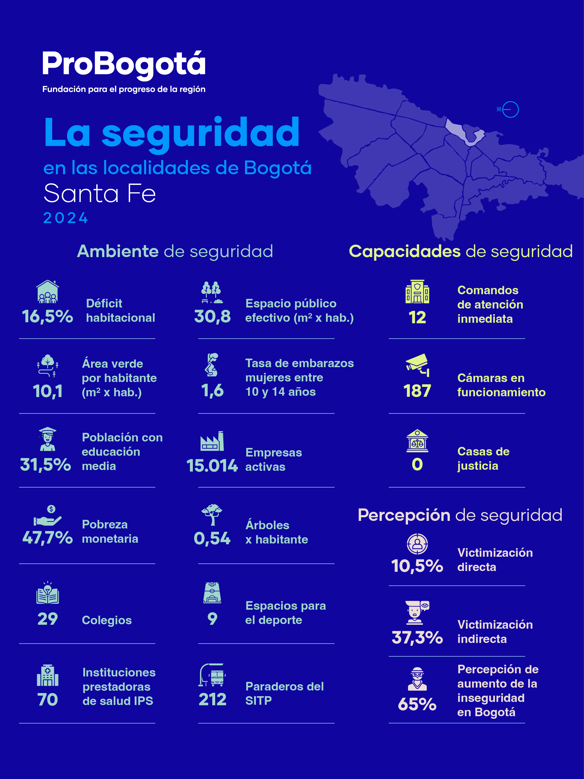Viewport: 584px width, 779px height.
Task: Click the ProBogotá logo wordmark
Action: pos(124,64)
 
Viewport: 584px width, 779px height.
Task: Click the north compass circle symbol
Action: pos(510,110)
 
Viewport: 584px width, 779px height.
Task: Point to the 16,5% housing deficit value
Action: pos(47,316)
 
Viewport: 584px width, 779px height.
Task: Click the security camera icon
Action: pos(417,365)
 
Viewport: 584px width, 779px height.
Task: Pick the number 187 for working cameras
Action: pos(417,391)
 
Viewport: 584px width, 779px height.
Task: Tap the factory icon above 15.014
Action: pos(212,441)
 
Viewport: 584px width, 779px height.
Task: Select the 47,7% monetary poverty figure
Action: pos(47,538)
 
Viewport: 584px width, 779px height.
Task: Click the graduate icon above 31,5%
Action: pos(47,439)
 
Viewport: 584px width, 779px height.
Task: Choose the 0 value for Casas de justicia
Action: pos(417,465)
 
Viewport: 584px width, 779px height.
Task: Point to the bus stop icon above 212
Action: pos(212,675)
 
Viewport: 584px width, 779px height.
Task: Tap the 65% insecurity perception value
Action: pos(417,704)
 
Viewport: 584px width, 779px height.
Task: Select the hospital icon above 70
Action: pos(47,675)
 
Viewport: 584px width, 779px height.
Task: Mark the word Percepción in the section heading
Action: pos(404,515)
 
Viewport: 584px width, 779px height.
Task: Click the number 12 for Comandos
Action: pos(417,318)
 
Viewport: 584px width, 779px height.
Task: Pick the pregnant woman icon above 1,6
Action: pos(212,365)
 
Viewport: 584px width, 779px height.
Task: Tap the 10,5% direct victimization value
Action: pos(417,566)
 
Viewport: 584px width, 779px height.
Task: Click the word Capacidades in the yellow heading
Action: pos(404,251)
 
